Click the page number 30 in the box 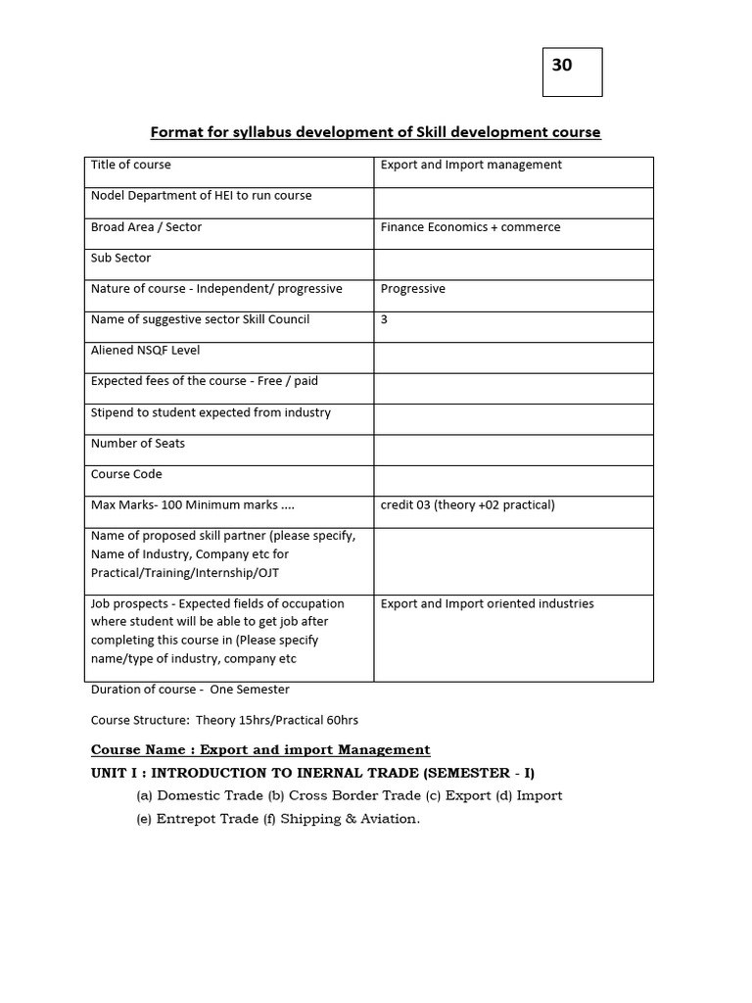pos(562,66)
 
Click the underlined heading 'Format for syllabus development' pos(375,131)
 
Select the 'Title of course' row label pos(131,165)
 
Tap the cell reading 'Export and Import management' pos(471,165)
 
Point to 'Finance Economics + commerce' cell pos(470,227)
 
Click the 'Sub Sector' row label pos(121,259)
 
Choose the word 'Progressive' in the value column pos(412,289)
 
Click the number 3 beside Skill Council pos(384,319)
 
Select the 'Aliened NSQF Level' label pos(145,351)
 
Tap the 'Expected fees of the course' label pos(204,381)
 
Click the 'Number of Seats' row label pos(138,444)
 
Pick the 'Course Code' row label pos(126,474)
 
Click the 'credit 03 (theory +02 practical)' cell pos(467,505)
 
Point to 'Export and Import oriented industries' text pos(487,603)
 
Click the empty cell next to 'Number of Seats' pos(513,450)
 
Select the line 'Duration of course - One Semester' pos(189,689)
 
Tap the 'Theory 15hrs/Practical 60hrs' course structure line pos(224,720)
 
